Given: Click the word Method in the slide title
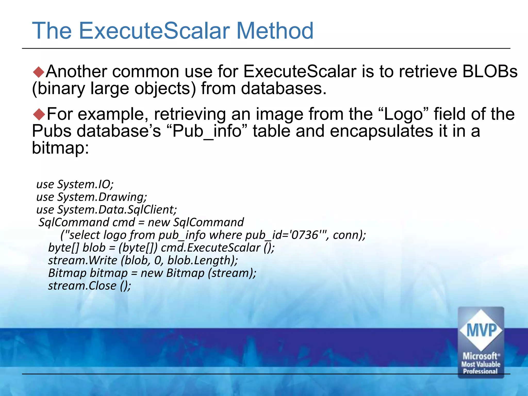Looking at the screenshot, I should (x=275, y=31).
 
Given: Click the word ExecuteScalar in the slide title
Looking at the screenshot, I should (x=154, y=31).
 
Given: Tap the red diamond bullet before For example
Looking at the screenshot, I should (x=39, y=114).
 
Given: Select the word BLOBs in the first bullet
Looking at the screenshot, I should (x=490, y=71).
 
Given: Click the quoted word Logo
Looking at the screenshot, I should (x=404, y=114).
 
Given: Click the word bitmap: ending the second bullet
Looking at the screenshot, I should (x=60, y=148).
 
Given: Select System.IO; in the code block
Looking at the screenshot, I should (x=85, y=184).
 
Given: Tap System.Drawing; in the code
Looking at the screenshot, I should (x=102, y=197).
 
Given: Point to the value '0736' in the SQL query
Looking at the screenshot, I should (x=304, y=235).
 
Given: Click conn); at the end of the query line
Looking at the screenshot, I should (x=349, y=235).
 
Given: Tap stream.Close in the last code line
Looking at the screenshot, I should (x=82, y=286).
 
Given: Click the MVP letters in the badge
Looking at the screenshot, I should (x=481, y=330).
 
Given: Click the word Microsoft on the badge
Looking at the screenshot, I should (x=480, y=356).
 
